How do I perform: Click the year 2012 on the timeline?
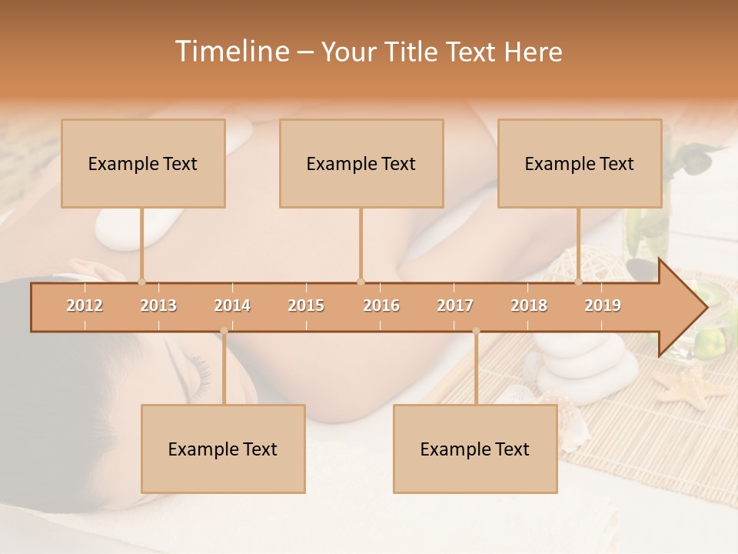point(85,305)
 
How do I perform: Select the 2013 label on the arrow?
point(158,305)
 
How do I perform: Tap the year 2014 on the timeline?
point(232,305)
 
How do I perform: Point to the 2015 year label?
point(306,305)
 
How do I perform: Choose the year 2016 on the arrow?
point(381,305)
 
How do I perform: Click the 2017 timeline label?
point(455,305)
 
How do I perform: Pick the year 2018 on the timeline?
point(529,305)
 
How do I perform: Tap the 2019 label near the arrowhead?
point(603,305)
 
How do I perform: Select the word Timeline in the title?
point(231,52)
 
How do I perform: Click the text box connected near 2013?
point(143,163)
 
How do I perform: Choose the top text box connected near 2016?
point(361,163)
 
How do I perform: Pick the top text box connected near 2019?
point(580,163)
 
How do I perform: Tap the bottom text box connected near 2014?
point(223,449)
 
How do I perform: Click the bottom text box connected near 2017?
point(475,449)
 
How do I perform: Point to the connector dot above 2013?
point(141,282)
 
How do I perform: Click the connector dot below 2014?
point(224,331)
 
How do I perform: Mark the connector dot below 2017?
point(476,331)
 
